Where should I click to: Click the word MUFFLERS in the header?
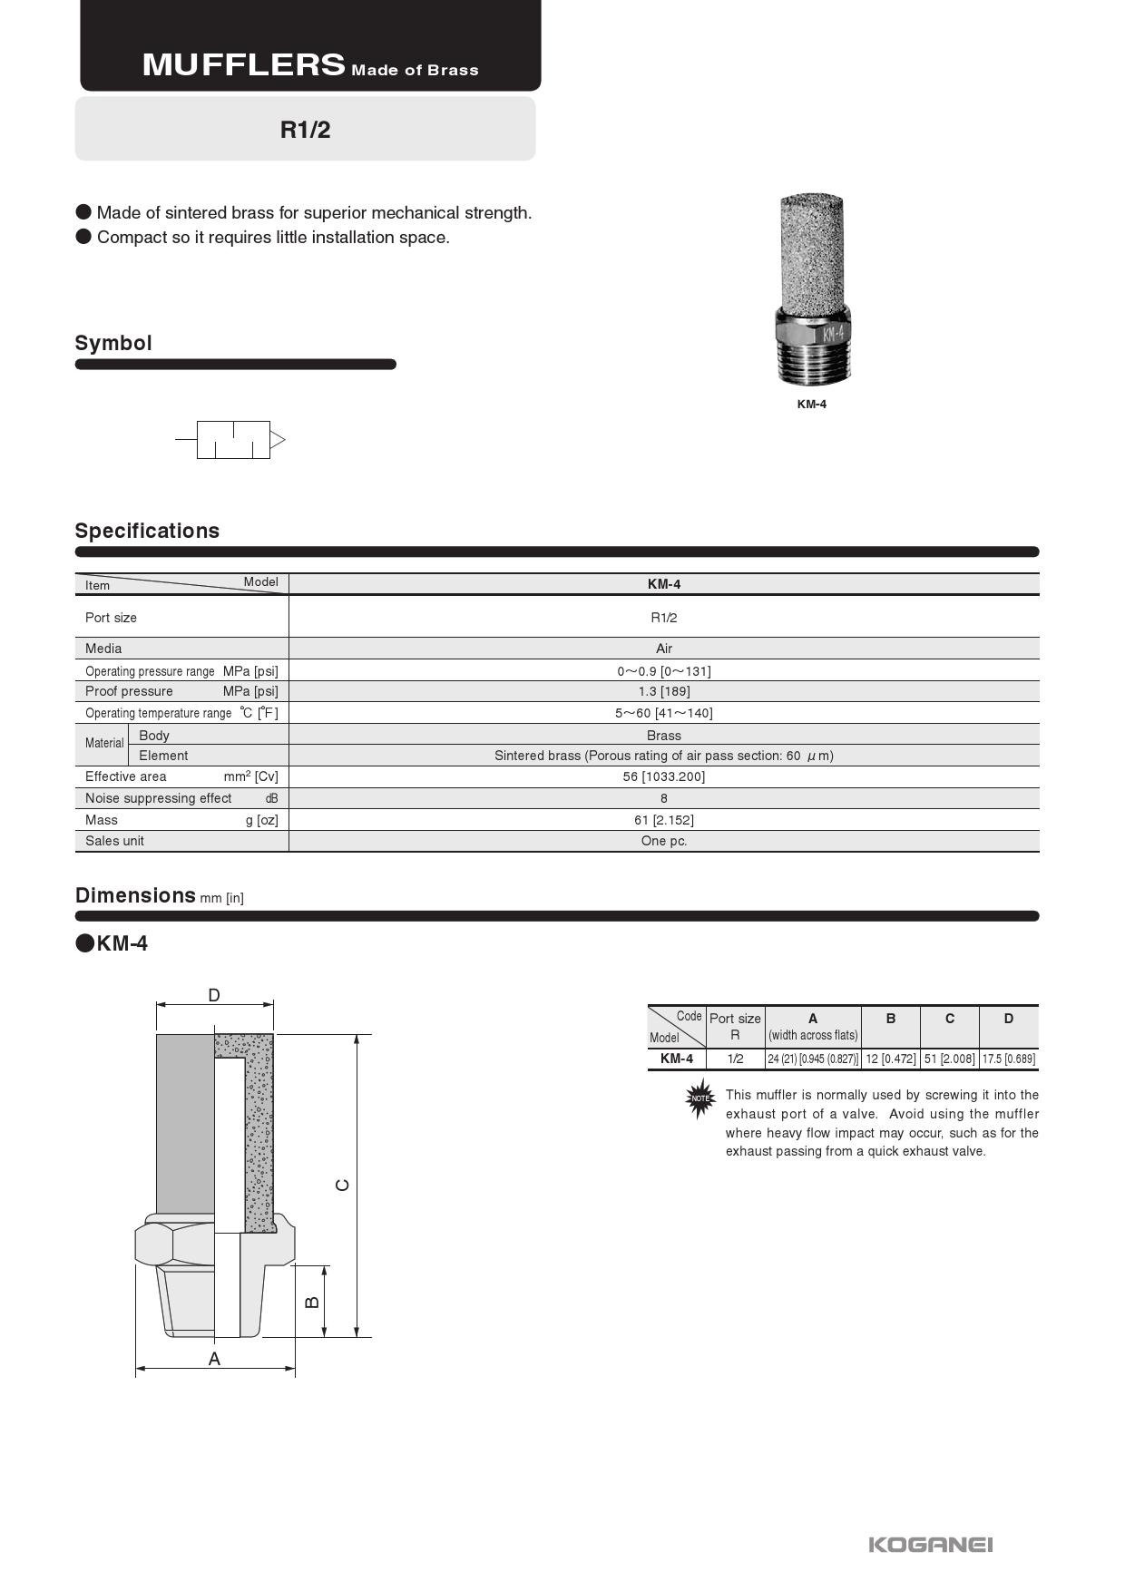click(x=243, y=64)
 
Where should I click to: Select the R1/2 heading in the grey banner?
click(x=305, y=130)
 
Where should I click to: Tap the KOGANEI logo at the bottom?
click(x=930, y=1544)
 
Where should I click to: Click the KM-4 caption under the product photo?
click(x=811, y=405)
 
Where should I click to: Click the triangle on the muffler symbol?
click(x=278, y=440)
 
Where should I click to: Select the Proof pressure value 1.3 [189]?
click(x=663, y=691)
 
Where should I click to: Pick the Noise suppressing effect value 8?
click(x=663, y=798)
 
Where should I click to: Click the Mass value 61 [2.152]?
click(x=663, y=820)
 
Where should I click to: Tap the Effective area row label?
click(x=126, y=776)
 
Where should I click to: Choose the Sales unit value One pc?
click(x=663, y=841)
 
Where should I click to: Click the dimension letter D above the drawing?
click(x=214, y=995)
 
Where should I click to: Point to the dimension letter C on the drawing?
click(x=342, y=1185)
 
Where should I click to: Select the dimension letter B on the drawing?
click(x=312, y=1302)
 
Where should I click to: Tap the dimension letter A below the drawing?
click(x=214, y=1359)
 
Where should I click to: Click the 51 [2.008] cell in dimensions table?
click(x=949, y=1059)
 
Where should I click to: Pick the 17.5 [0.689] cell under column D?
click(x=1008, y=1059)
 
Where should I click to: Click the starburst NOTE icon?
click(x=699, y=1098)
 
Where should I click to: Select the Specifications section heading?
click(x=147, y=531)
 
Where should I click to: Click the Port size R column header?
click(x=735, y=1026)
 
